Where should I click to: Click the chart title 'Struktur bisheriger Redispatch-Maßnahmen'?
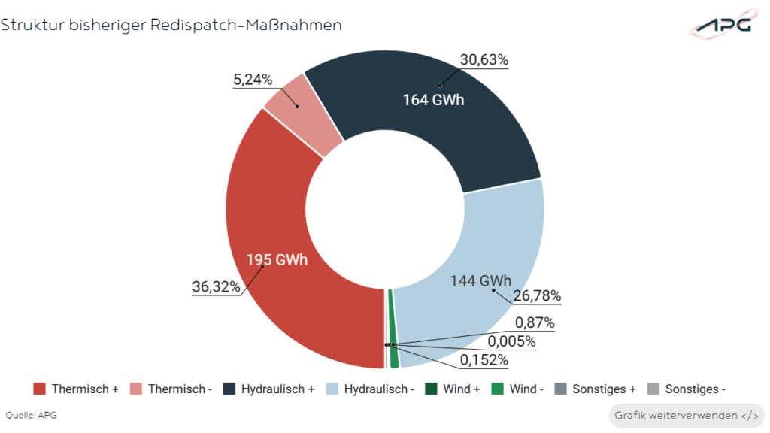171,25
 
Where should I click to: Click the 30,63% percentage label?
484,60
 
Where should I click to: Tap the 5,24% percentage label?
252,80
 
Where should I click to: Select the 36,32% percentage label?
217,286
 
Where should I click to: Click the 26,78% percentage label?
537,295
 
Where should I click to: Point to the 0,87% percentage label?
535,323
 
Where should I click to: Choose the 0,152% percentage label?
484,360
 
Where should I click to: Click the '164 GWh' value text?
432,99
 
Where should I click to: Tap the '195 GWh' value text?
277,260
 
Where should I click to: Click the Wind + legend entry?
452,389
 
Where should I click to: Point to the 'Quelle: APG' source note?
32,415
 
